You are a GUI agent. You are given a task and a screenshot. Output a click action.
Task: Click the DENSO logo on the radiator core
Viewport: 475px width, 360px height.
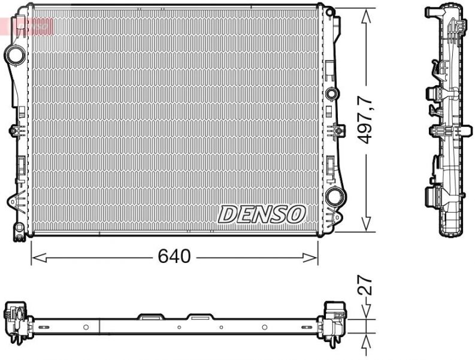[262, 213]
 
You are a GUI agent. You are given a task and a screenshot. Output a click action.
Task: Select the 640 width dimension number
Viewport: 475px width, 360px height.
[174, 257]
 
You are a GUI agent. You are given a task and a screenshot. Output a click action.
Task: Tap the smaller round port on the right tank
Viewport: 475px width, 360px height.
[331, 94]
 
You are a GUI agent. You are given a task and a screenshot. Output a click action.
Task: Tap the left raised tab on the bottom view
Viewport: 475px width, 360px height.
[149, 315]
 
